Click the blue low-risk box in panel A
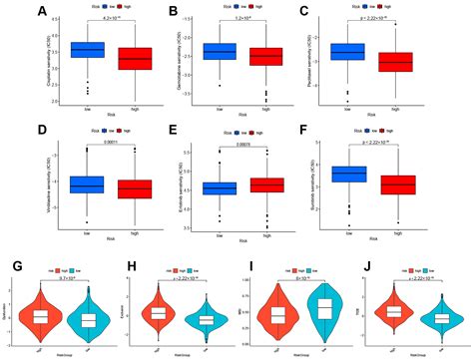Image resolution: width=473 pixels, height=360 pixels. click(88, 49)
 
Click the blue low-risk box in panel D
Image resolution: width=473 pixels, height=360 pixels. click(88, 184)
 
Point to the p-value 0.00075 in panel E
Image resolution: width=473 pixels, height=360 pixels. click(269, 145)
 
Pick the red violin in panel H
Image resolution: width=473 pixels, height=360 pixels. click(158, 313)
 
